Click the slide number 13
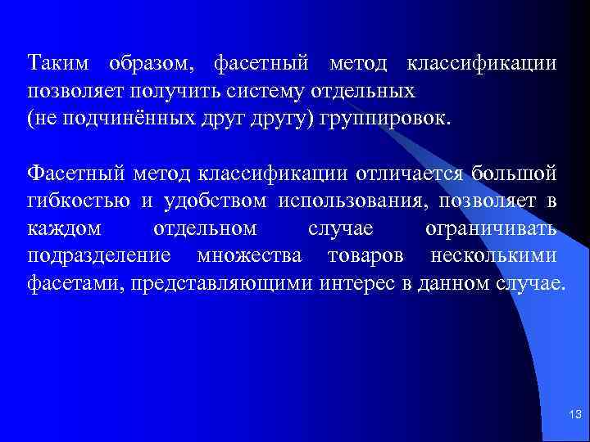[x=573, y=417]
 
